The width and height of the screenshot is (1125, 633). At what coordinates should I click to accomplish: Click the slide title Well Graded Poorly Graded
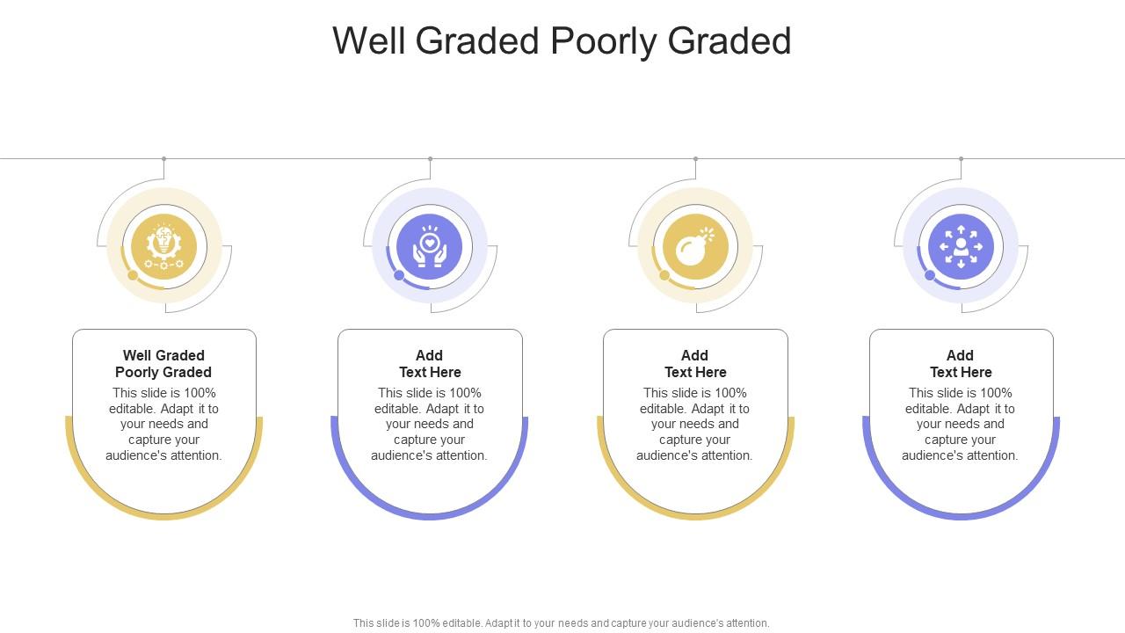[562, 41]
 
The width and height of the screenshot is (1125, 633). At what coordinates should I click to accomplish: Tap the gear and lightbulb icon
[163, 246]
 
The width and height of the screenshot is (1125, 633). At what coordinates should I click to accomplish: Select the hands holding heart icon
[430, 246]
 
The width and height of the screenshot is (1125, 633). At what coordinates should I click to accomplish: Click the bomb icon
[695, 246]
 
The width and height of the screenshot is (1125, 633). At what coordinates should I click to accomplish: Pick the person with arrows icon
[961, 246]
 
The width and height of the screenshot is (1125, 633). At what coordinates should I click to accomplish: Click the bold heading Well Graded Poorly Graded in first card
[163, 364]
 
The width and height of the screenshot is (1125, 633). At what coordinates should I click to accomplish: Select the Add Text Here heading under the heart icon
[430, 364]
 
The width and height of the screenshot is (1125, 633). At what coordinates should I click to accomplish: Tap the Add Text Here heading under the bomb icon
[695, 364]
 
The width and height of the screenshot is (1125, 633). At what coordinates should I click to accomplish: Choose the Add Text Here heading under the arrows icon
[961, 364]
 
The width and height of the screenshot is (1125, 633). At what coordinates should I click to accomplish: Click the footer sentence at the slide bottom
[562, 622]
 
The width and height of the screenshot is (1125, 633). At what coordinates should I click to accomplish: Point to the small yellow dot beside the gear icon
[133, 275]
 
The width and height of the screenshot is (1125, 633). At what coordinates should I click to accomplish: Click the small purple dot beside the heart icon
[399, 275]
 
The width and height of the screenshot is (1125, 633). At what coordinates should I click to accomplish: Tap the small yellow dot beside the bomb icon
[664, 275]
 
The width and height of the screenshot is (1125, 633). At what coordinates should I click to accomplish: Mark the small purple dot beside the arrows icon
[930, 275]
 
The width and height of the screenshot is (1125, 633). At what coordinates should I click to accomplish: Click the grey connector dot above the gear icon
[163, 159]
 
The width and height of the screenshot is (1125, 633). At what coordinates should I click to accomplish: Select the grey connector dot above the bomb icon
[695, 159]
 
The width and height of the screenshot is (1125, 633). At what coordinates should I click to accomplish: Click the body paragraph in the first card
[163, 424]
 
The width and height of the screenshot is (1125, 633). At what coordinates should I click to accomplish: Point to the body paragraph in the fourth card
[961, 424]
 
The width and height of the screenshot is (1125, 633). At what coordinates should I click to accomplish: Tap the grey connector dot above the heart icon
[430, 159]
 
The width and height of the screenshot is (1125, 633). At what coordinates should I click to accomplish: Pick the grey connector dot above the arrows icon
[961, 159]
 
